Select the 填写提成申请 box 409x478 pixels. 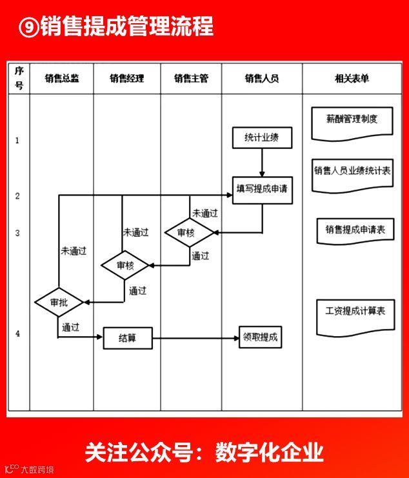point(263,190)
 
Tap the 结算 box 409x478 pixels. point(128,338)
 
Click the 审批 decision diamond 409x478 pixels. point(59,302)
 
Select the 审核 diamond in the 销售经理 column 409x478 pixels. point(126,264)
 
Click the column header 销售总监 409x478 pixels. point(62,79)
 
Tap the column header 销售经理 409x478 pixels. point(126,79)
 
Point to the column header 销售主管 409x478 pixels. point(191,79)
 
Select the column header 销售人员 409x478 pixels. point(262,79)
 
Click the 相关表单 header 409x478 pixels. point(352,79)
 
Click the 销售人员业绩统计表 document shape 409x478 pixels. point(352,173)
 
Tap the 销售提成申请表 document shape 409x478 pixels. point(355,230)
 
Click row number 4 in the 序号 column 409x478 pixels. point(17,334)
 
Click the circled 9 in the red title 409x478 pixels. point(27,26)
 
